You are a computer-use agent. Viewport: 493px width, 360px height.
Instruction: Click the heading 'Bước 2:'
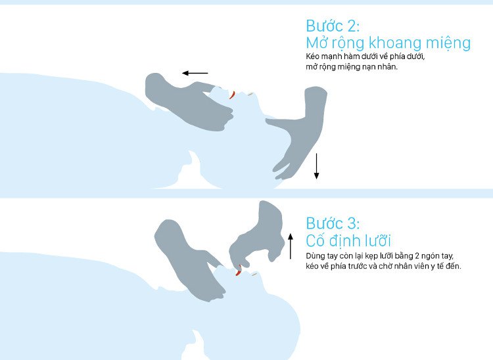tap(333, 26)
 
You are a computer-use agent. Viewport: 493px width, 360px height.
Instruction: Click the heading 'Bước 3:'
tap(333, 223)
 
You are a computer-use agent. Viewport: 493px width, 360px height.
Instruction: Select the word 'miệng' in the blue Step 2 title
tap(448, 43)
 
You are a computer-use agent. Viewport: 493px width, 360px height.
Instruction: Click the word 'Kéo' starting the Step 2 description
tap(312, 56)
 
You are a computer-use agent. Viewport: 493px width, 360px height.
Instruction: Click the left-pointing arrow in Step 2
tap(195, 73)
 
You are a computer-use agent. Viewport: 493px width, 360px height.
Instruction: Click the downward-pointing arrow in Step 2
tap(317, 166)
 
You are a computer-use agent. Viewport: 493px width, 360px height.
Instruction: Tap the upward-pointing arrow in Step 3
tap(291, 246)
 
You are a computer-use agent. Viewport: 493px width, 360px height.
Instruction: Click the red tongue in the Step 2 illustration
tap(232, 95)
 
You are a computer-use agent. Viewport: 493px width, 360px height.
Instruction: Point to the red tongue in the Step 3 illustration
tap(239, 271)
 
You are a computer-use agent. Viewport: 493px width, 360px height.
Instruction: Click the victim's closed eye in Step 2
tap(250, 93)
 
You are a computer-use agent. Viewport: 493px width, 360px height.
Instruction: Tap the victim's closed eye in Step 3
tap(254, 274)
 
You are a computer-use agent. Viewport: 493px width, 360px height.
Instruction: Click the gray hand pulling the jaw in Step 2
tap(189, 103)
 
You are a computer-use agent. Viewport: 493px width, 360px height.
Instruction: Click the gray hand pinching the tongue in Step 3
tap(257, 236)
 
